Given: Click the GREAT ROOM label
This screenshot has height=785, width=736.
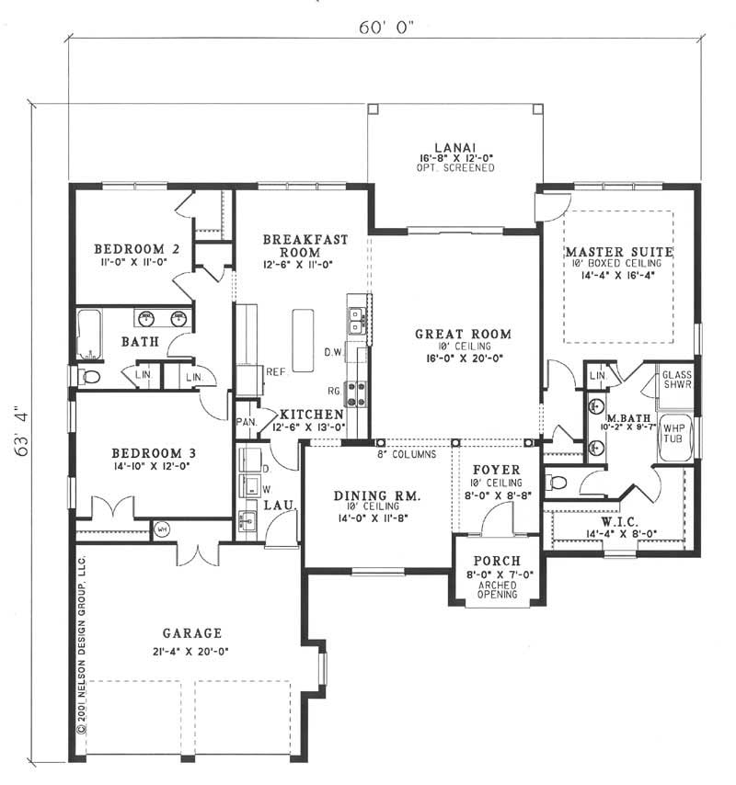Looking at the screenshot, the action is [x=463, y=334].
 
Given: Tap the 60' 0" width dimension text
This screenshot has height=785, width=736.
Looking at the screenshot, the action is [x=386, y=28].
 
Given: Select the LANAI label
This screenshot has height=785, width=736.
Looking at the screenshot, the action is [x=454, y=148].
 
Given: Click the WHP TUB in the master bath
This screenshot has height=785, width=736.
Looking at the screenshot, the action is [x=673, y=438].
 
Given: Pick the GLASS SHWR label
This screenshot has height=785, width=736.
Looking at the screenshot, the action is [x=677, y=380].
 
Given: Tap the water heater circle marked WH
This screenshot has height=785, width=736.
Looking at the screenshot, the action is [x=162, y=529].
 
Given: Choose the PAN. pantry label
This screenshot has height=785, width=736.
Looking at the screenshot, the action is [x=247, y=422].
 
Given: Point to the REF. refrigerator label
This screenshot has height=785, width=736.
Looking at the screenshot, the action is [x=276, y=372].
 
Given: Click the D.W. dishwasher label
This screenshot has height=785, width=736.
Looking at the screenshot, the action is [x=333, y=352].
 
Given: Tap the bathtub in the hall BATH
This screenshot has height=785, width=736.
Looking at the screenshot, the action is [x=89, y=334].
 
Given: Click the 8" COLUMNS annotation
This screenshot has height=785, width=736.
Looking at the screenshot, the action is [x=407, y=454].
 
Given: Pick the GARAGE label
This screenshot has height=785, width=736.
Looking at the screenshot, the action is [x=192, y=633].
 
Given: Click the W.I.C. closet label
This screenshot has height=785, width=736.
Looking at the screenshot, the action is [x=619, y=522].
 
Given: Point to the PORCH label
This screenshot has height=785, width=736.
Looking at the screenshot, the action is [x=497, y=562].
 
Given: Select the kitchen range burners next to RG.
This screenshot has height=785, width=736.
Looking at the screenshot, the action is [x=356, y=393].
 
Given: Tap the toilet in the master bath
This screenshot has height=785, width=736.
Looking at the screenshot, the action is [x=558, y=483].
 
